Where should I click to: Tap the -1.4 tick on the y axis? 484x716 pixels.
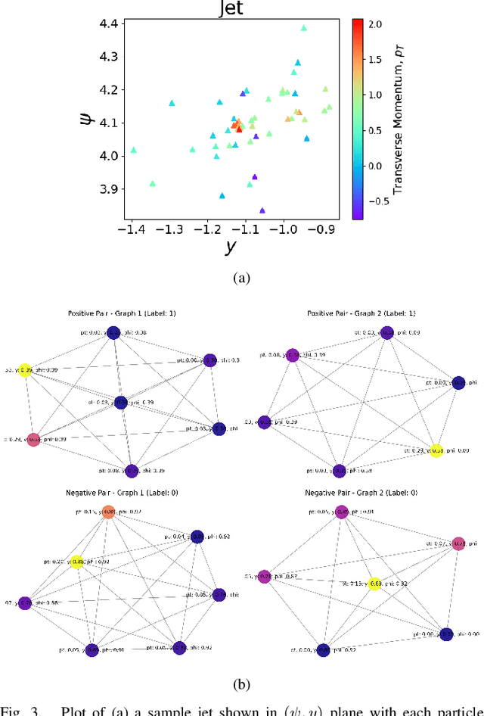tap(132, 229)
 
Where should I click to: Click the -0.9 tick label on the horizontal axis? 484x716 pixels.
tap(325, 229)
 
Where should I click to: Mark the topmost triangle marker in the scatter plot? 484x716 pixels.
tap(304, 28)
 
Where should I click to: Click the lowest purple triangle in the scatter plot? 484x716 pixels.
tap(262, 210)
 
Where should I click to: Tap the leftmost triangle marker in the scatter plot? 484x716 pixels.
tap(134, 150)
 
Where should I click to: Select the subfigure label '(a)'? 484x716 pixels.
tap(241, 278)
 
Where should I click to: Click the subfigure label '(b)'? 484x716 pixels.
tap(241, 685)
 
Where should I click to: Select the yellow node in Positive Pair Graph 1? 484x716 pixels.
tap(25, 370)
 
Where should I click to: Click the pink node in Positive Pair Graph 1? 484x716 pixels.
tap(33, 439)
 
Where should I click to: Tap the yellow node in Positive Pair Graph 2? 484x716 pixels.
tap(436, 450)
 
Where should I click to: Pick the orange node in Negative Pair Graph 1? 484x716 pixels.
tap(108, 512)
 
